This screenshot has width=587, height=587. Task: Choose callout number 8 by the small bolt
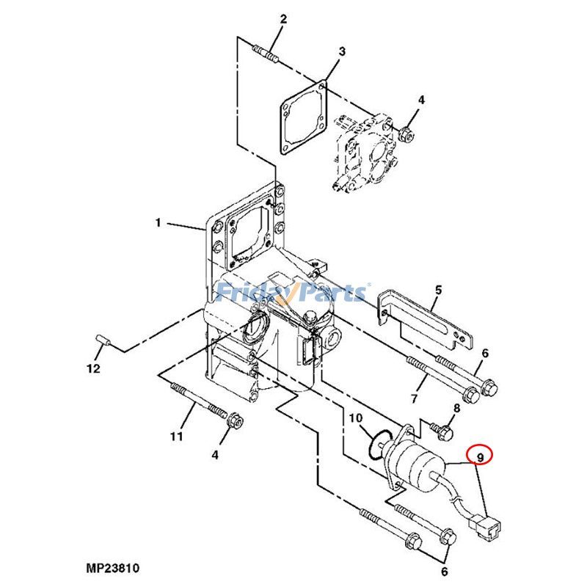456,409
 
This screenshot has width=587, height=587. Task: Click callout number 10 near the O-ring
355,418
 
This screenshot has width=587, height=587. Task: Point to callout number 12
93,369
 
